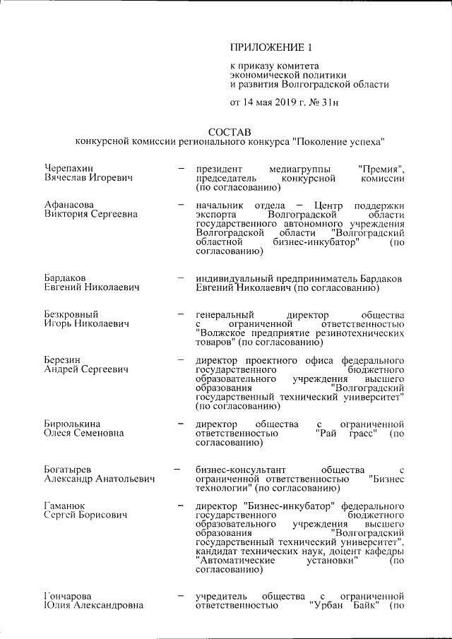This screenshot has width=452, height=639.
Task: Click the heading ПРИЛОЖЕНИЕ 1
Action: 271,48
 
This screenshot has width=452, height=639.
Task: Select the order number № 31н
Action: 324,104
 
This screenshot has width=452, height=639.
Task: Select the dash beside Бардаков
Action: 182,278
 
